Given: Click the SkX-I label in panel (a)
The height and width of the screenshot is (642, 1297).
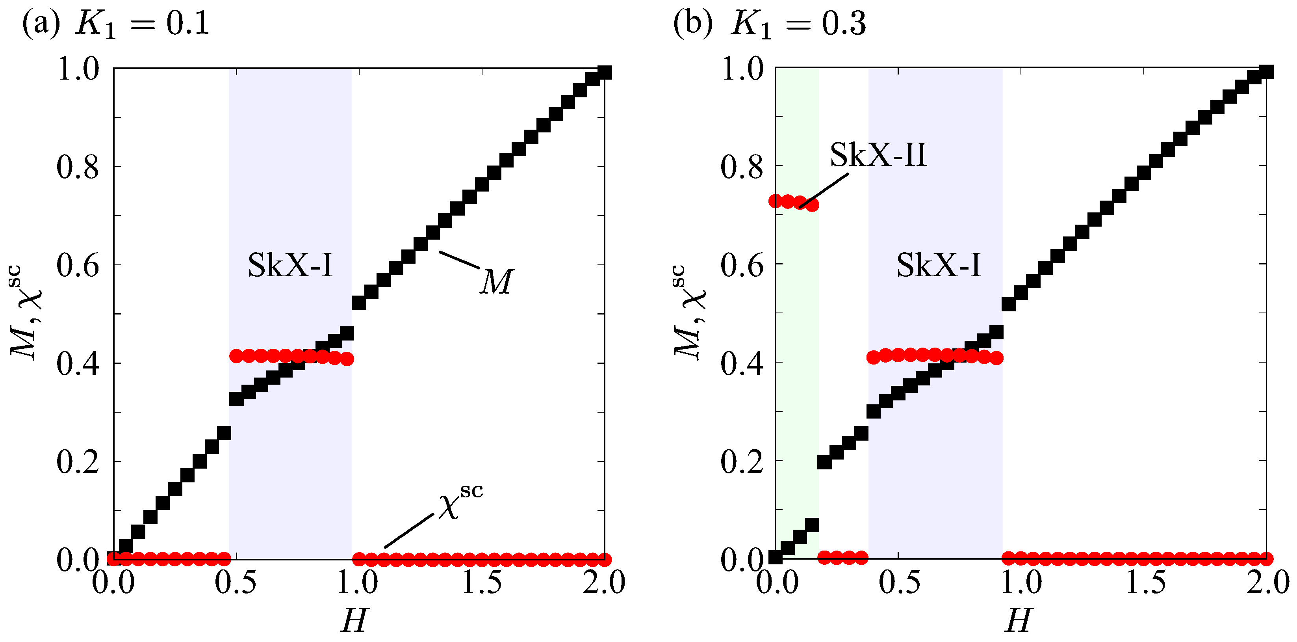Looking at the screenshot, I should (291, 266).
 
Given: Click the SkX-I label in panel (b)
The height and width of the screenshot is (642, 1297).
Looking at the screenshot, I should (939, 266).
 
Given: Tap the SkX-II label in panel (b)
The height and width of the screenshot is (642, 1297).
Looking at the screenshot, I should (878, 155).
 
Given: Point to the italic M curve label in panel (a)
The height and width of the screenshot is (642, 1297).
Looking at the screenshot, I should (496, 282).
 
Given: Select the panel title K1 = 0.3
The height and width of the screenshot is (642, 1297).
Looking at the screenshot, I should (798, 24).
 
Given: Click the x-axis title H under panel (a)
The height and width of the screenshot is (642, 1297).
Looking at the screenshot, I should (354, 620).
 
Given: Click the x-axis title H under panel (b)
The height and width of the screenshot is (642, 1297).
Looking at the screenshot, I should (1018, 620).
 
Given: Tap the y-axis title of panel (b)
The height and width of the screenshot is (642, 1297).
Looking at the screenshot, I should (689, 313).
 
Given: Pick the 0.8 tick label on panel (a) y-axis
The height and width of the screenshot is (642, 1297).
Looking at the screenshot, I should (78, 167).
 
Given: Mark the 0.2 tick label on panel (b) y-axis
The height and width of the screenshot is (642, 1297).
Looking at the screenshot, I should (742, 461).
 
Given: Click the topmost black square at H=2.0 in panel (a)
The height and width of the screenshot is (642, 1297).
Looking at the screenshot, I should (604, 73).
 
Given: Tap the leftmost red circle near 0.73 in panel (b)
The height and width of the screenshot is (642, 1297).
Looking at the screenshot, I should (776, 201).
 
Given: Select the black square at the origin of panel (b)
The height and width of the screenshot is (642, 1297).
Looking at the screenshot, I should (776, 557).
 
